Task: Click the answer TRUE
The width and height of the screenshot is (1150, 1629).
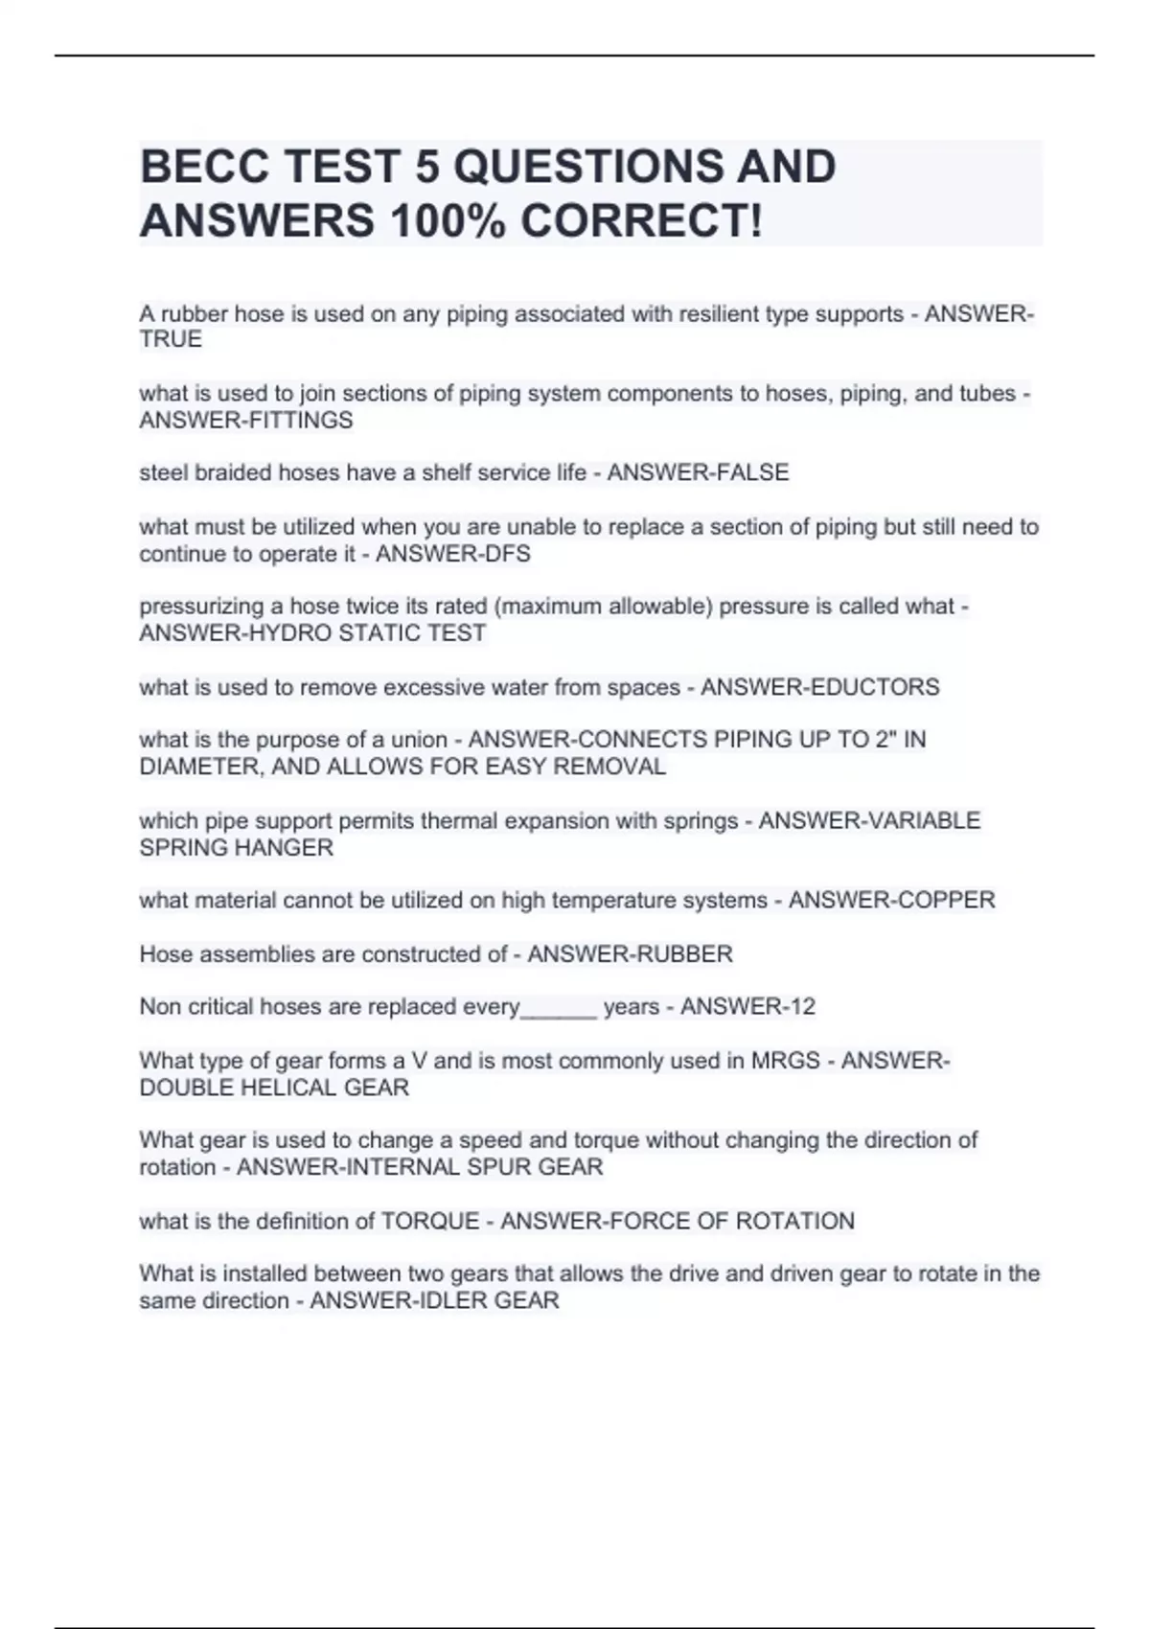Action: point(171,340)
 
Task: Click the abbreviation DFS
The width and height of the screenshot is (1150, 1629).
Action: point(508,554)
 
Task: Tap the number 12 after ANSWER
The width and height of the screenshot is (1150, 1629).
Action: point(802,1007)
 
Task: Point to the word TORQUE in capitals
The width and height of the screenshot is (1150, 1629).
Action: point(430,1222)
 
